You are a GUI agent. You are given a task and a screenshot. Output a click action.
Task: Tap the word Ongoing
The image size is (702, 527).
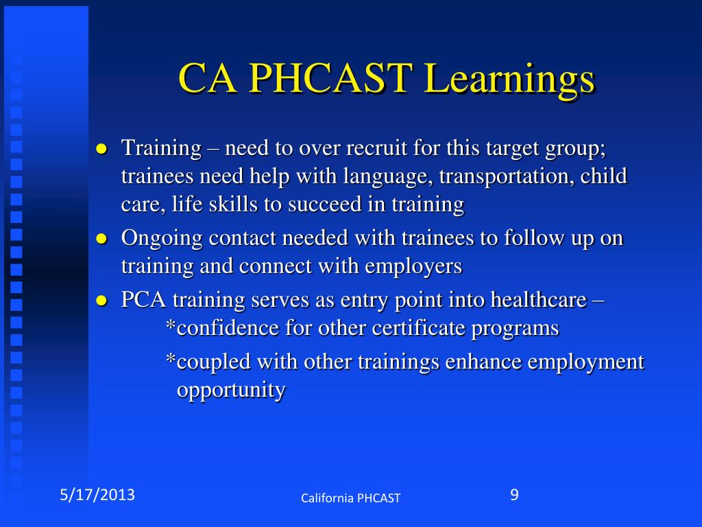[x=162, y=239]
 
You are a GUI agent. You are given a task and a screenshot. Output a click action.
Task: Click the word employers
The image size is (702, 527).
[x=414, y=266]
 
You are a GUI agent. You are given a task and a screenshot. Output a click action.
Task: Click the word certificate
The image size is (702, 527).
[x=418, y=328]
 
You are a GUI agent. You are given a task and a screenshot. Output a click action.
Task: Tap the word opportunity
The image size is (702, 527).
[x=231, y=390]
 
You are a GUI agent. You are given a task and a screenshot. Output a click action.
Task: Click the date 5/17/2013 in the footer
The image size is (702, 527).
[x=95, y=495]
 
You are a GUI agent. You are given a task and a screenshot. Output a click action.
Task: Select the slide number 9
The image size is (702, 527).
[x=514, y=494]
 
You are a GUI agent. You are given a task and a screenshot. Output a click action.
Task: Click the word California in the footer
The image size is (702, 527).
[x=326, y=498]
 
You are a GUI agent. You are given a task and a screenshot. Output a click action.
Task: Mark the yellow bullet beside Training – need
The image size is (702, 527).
[x=101, y=148]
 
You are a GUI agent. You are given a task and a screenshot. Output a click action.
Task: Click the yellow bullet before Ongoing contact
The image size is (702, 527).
[x=101, y=239]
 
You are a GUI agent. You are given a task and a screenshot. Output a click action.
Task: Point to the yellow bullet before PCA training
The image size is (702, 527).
[x=101, y=301]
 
